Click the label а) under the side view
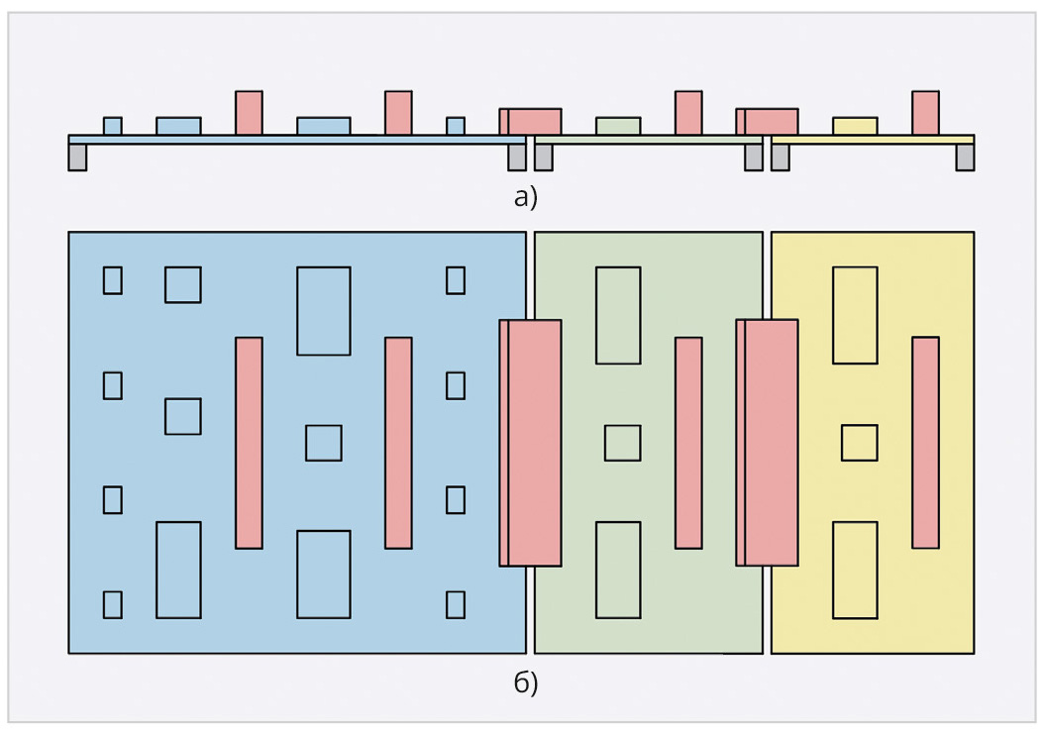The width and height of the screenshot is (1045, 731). (525, 198)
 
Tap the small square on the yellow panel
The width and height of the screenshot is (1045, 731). (859, 443)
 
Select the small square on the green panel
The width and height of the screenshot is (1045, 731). (622, 443)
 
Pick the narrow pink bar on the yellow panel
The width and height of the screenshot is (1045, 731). (926, 443)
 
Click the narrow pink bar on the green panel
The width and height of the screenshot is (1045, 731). (688, 443)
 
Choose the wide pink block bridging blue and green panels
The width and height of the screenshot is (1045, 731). (531, 443)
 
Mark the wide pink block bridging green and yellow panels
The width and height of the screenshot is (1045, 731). (767, 443)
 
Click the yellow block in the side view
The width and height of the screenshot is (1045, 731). (855, 127)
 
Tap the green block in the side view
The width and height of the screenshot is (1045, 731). (618, 127)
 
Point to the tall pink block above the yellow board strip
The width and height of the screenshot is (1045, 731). (926, 113)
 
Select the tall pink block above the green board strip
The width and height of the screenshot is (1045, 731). (688, 113)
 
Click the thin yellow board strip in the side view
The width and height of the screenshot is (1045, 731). (873, 140)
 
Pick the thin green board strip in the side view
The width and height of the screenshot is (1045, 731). (649, 140)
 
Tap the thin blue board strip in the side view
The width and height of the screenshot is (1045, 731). (297, 140)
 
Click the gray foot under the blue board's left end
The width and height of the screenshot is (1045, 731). (77, 157)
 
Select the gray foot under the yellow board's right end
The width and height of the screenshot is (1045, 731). (965, 157)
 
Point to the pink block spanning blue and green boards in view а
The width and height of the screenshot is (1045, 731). (531, 122)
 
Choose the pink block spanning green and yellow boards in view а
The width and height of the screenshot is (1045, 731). (767, 122)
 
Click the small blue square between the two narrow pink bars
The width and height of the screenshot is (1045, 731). (324, 443)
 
